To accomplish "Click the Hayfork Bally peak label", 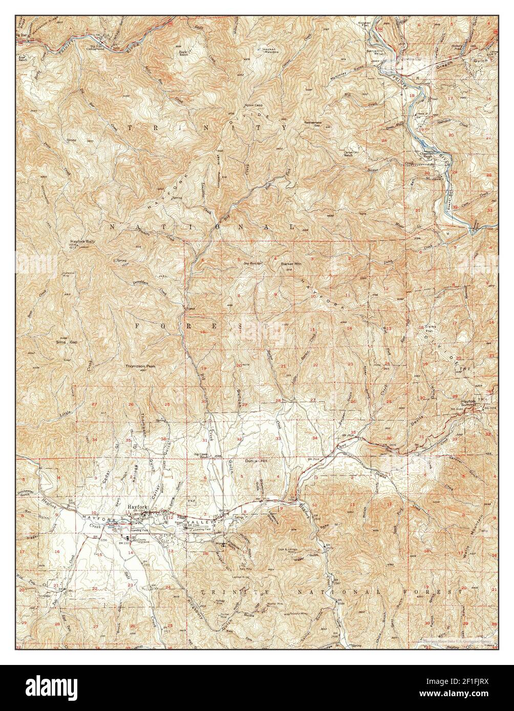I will [x=83, y=241].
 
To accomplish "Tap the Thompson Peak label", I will [x=140, y=366].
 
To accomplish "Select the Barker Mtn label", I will [x=290, y=264].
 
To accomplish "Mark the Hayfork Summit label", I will [x=468, y=404].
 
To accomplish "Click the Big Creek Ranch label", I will [x=204, y=455].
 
